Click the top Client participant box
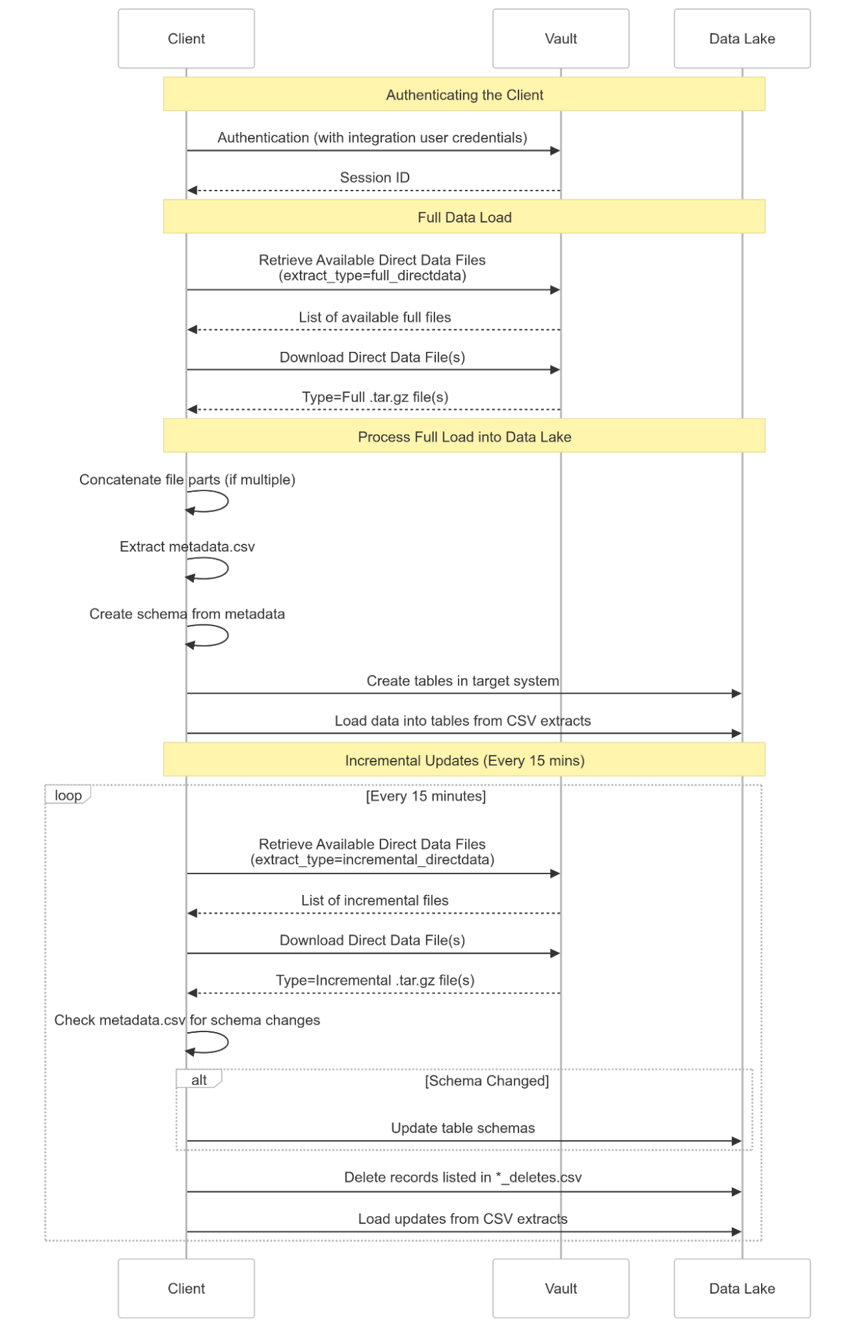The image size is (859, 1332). tap(186, 39)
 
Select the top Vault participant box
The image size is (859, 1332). tap(560, 39)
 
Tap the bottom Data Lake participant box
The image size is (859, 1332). tap(742, 1288)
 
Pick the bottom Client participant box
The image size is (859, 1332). tap(186, 1288)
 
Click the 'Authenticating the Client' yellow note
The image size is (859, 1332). tap(464, 94)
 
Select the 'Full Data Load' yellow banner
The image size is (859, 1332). tap(464, 217)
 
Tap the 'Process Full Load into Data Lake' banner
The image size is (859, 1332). tap(464, 436)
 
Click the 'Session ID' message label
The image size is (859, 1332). tap(375, 177)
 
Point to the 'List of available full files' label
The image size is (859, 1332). tap(375, 317)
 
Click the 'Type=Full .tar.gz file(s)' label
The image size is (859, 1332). tap(375, 397)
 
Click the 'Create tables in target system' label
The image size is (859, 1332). tap(462, 681)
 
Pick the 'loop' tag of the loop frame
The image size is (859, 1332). tap(68, 795)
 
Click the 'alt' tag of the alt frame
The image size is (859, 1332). tap(199, 1079)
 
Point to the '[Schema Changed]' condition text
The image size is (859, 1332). tap(487, 1081)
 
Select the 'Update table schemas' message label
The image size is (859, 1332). tap(462, 1128)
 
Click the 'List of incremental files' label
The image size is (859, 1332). tap(375, 900)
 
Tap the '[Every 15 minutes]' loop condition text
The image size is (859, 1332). tap(426, 796)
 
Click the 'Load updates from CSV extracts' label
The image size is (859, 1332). tap(462, 1219)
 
